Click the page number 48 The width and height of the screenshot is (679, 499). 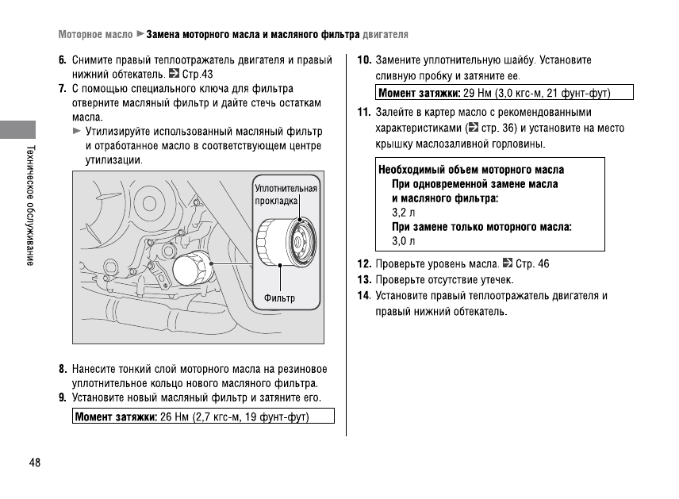pos(34,463)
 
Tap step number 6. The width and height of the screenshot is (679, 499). pos(62,60)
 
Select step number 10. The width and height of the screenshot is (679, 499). pos(365,60)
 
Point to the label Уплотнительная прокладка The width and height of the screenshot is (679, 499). pos(286,194)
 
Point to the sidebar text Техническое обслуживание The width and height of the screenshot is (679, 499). pos(29,206)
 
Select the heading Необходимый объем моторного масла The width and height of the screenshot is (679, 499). pos(471,170)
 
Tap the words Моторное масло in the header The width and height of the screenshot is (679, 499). pos(94,35)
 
